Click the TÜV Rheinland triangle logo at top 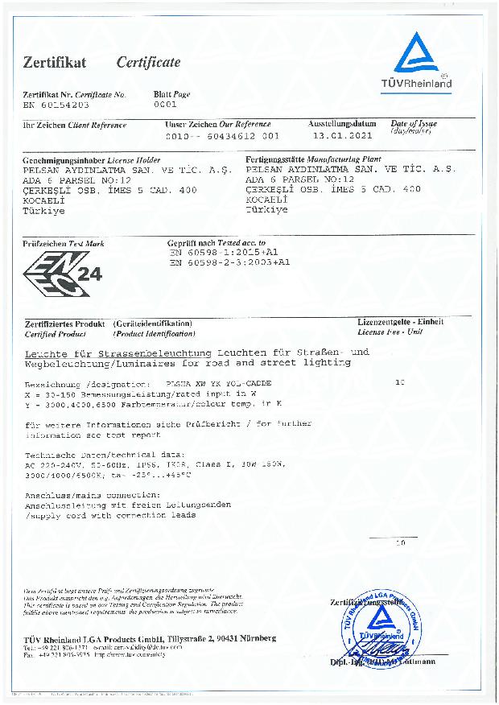point(417,54)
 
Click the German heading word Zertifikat point(54,63)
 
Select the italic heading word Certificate point(148,63)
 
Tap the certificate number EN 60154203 point(56,105)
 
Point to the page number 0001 point(164,105)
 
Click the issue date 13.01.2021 point(337,136)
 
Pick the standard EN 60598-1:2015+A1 point(229,252)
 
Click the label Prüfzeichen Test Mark point(64,243)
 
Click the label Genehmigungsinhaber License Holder point(80,161)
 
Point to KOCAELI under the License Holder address point(47,200)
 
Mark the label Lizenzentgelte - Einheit point(400,322)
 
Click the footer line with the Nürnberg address point(149,638)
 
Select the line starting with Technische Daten point(105,455)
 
